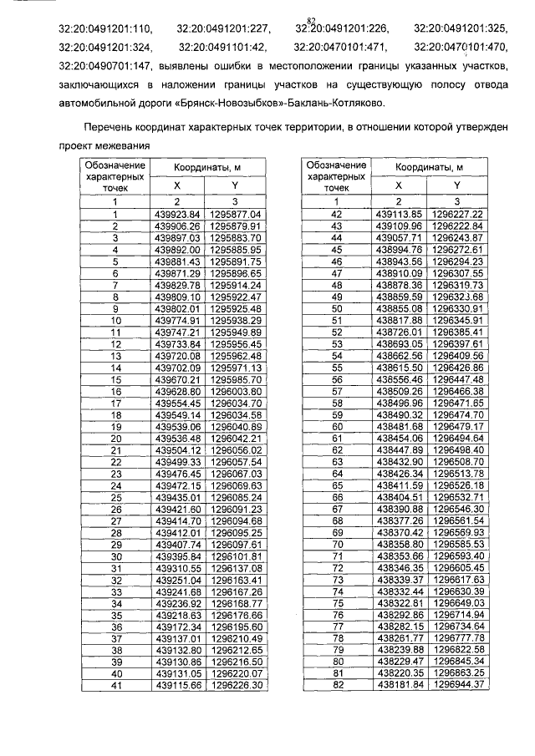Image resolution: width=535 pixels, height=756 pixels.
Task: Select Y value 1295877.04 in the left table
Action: tap(237, 215)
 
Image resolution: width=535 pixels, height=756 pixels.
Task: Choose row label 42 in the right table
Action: tap(338, 215)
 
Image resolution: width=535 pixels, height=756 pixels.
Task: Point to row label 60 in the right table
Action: tap(338, 426)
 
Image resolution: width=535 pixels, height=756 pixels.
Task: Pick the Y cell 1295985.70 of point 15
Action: tap(237, 378)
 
